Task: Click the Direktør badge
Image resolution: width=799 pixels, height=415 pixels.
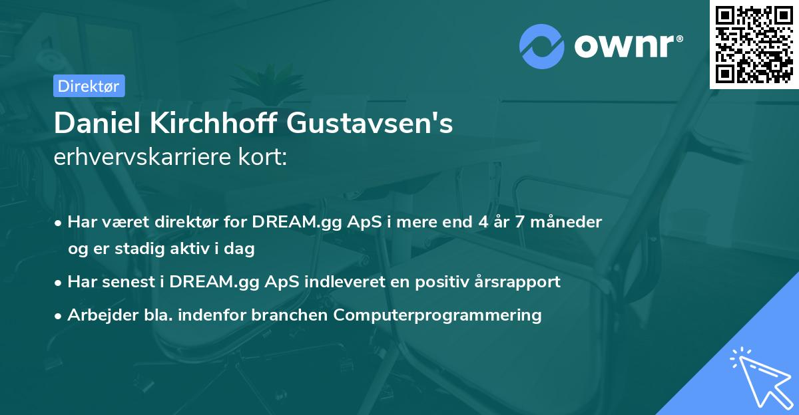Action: click(x=89, y=86)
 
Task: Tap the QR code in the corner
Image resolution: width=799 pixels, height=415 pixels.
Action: click(x=754, y=44)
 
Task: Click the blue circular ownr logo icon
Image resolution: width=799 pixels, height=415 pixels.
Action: click(x=541, y=46)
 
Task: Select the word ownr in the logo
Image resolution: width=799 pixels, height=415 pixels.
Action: click(x=627, y=47)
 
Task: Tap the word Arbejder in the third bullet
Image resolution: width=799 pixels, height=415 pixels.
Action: click(x=97, y=315)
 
